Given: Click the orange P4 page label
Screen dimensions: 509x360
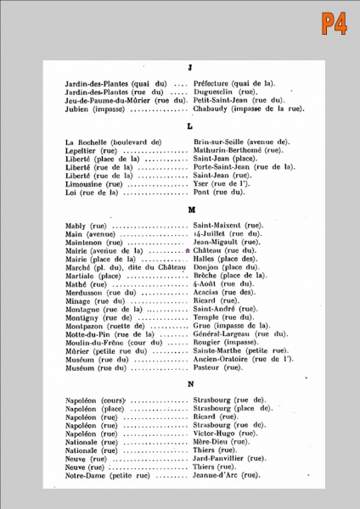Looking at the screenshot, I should tap(334, 22).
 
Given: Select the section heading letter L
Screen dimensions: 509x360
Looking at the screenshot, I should tap(189, 126).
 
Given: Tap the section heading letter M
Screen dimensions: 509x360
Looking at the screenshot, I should tap(189, 209).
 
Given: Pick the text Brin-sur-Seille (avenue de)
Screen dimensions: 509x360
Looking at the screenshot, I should tap(242, 142).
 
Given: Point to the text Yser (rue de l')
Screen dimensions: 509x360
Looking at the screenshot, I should tap(222, 183).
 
